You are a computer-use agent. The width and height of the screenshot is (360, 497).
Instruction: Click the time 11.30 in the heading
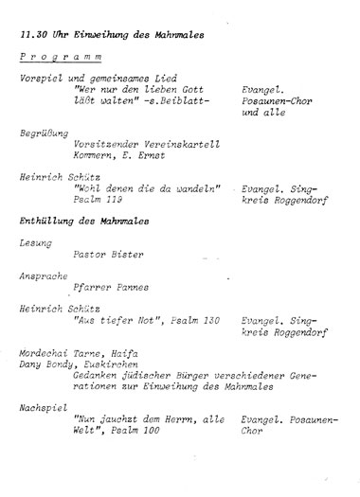[36, 34]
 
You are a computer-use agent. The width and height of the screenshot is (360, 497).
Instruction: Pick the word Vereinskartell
[182, 145]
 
